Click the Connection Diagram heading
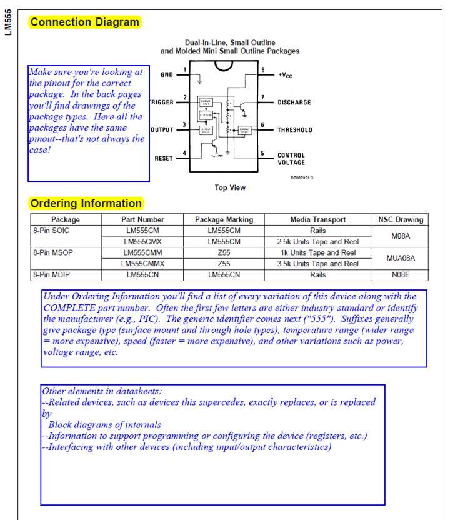click(85, 22)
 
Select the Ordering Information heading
click(86, 203)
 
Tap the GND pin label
click(166, 74)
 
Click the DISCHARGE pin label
click(294, 102)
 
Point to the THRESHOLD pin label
click(295, 130)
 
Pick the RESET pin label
click(163, 158)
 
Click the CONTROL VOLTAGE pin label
click(291, 159)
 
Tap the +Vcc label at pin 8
click(285, 74)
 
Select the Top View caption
click(230, 187)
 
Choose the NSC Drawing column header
click(401, 220)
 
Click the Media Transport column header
click(317, 220)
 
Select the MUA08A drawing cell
click(401, 258)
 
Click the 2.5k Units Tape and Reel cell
click(317, 242)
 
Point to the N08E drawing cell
click(401, 275)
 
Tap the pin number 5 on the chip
click(262, 153)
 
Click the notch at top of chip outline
click(223, 65)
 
